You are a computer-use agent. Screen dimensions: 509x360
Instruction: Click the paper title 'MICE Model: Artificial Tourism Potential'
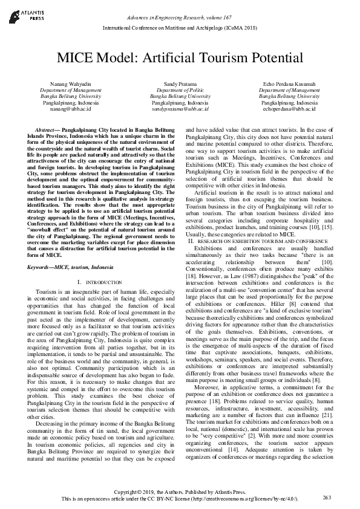(x=180, y=58)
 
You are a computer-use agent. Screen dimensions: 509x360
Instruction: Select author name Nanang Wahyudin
(x=62, y=83)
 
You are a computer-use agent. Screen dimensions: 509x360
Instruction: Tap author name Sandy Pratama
(x=180, y=83)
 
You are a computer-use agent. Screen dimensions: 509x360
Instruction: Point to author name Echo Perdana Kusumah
(x=289, y=83)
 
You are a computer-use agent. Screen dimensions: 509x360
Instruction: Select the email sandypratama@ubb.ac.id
(x=180, y=109)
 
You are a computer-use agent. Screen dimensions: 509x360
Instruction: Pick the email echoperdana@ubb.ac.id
(x=289, y=109)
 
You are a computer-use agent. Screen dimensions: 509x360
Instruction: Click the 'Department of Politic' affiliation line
(x=180, y=89)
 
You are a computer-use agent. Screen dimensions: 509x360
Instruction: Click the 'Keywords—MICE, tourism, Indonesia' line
(x=73, y=266)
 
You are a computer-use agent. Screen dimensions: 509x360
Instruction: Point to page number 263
(x=327, y=498)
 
